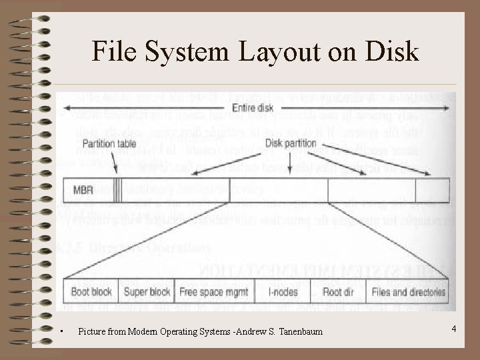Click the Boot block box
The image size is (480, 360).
[91, 291]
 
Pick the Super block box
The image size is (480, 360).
[147, 291]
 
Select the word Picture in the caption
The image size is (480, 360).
[93, 331]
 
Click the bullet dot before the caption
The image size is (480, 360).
[61, 331]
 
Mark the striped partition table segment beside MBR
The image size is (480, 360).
[118, 190]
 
